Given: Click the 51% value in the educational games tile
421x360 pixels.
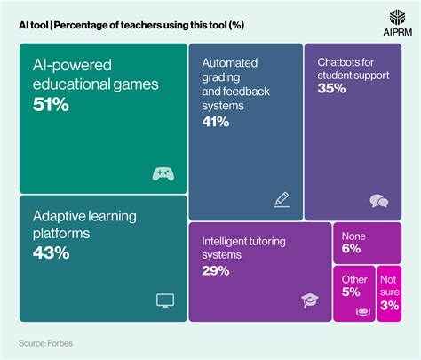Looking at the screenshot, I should click(x=50, y=106).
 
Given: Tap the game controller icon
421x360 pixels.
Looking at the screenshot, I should click(x=163, y=173).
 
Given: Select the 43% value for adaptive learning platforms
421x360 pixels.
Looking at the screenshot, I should click(x=50, y=253).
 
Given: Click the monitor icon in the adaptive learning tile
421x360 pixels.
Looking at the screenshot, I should click(x=164, y=301).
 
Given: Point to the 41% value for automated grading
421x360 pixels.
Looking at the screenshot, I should click(x=216, y=121).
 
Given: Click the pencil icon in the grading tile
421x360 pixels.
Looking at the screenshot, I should click(x=282, y=199).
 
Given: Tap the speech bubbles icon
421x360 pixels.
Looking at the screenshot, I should click(x=379, y=201).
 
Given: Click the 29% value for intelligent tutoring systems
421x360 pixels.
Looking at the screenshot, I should click(x=216, y=270).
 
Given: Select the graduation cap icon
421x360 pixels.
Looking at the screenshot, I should click(x=310, y=301).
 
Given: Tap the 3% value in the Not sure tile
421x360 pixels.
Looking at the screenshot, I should click(x=388, y=306).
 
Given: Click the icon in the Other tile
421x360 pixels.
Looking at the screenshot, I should click(x=361, y=311).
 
